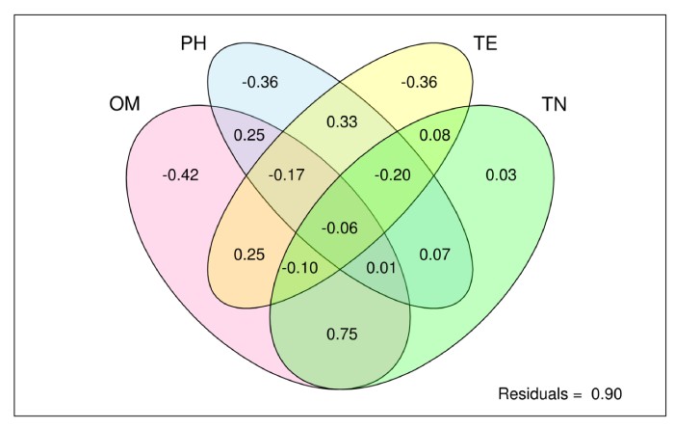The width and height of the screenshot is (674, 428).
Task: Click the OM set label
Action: click(x=125, y=102)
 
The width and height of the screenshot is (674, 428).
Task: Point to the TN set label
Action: click(x=554, y=102)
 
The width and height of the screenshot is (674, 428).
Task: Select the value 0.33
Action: click(x=341, y=120)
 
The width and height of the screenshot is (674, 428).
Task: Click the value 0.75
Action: click(x=341, y=334)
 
